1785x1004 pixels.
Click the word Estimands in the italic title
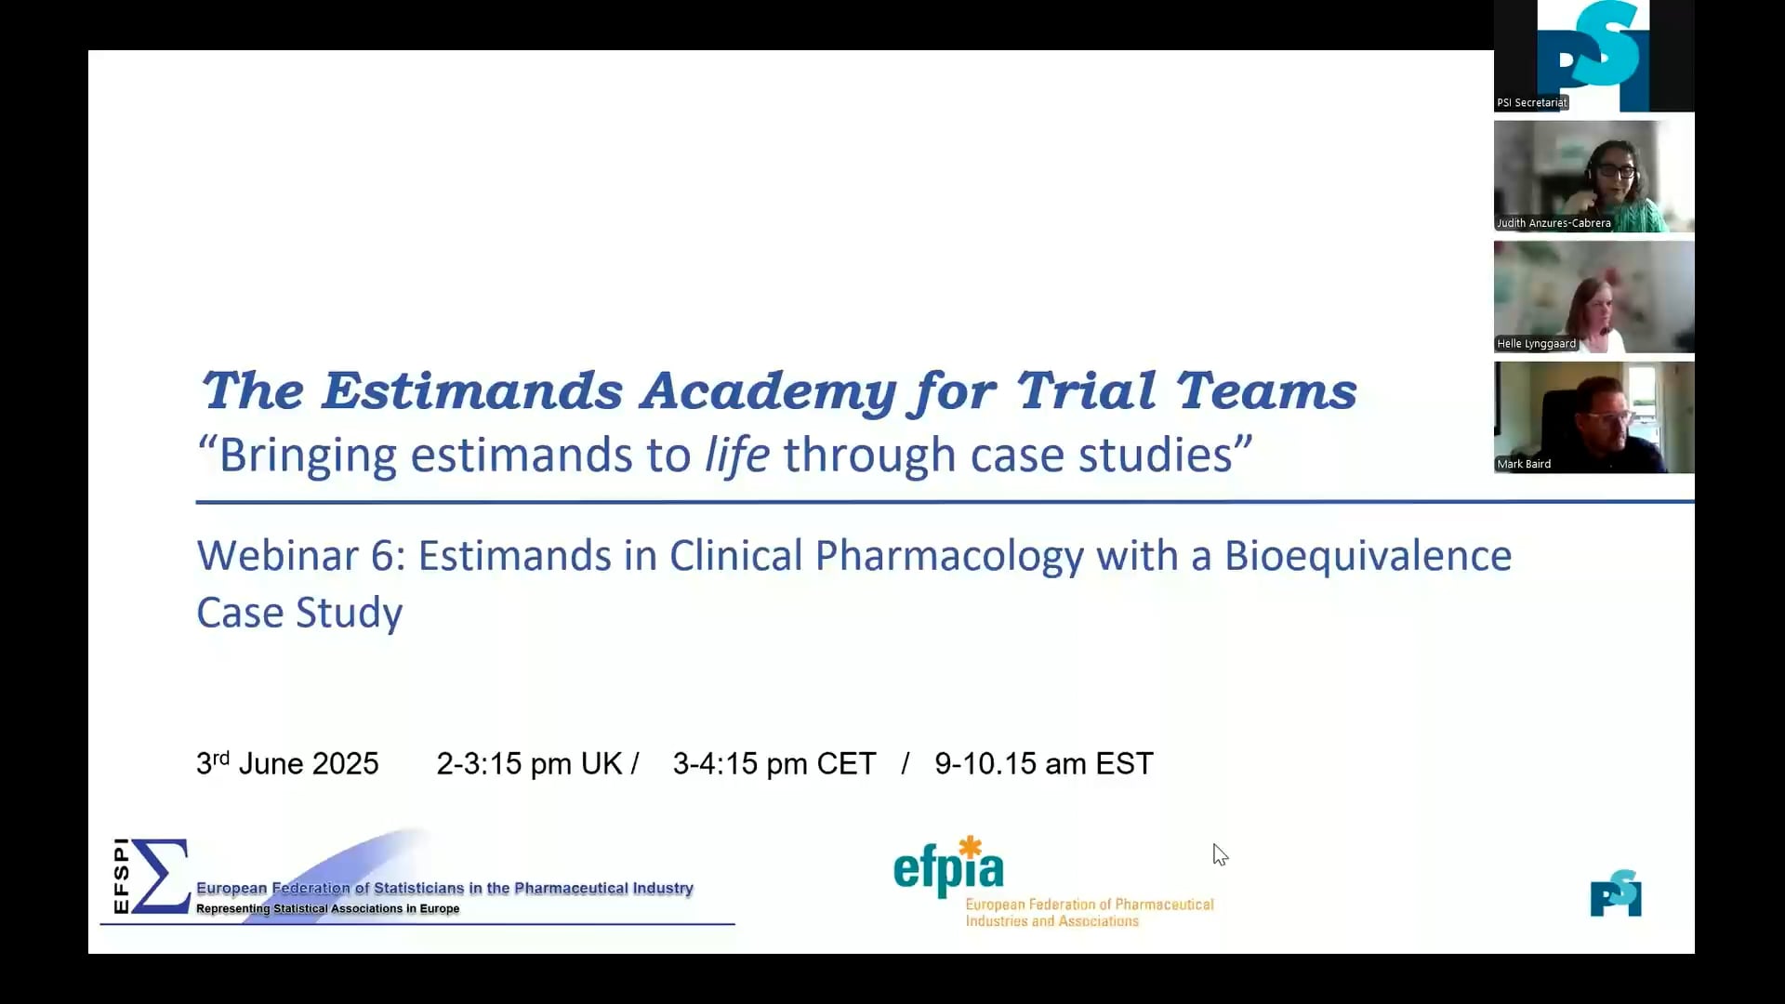tap(472, 390)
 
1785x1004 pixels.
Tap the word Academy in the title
tap(768, 392)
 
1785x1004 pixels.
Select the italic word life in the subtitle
tap(737, 455)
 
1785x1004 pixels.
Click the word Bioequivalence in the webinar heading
tap(1368, 556)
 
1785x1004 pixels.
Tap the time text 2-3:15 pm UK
tap(529, 763)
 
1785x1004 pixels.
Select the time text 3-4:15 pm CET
tap(774, 763)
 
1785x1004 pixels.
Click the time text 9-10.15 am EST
tap(1044, 763)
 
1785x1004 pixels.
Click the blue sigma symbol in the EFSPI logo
tap(161, 876)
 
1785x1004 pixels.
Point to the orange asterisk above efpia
tap(971, 847)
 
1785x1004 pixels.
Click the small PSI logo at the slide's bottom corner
tap(1616, 893)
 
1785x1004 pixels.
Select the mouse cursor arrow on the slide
tap(1220, 854)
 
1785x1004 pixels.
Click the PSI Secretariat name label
tap(1531, 103)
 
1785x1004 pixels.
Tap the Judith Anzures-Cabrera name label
tap(1554, 223)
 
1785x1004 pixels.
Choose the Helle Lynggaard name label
tap(1536, 344)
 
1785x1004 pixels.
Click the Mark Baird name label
tap(1524, 464)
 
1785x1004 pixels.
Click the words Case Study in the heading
tap(299, 614)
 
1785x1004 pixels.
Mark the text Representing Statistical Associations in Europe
tap(327, 909)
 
